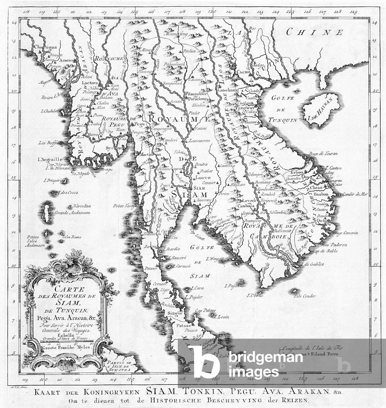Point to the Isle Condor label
pyautogui.click(x=305, y=296)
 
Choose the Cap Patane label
pyautogui.click(x=205, y=310)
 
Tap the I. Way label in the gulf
pyautogui.click(x=213, y=259)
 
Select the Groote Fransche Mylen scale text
pyautogui.click(x=64, y=347)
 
